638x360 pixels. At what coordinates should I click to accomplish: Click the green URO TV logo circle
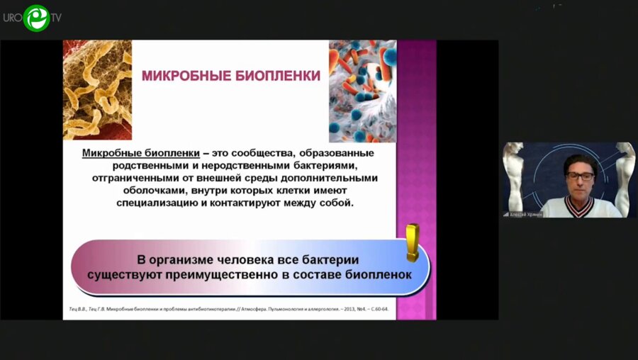[35, 17]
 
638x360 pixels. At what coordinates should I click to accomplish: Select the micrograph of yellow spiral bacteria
[97, 90]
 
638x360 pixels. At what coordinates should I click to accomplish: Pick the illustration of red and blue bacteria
[362, 90]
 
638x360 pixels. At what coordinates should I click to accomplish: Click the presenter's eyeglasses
[580, 175]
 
